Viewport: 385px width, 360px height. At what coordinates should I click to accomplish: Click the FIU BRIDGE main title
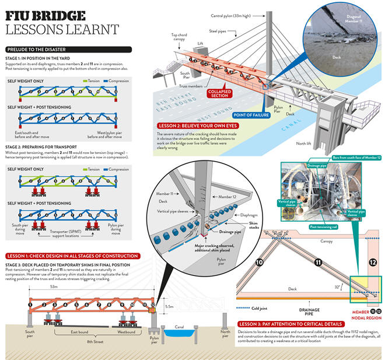(45, 15)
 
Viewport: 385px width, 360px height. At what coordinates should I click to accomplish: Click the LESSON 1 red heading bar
(72, 256)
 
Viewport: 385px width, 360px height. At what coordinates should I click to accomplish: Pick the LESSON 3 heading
(288, 323)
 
